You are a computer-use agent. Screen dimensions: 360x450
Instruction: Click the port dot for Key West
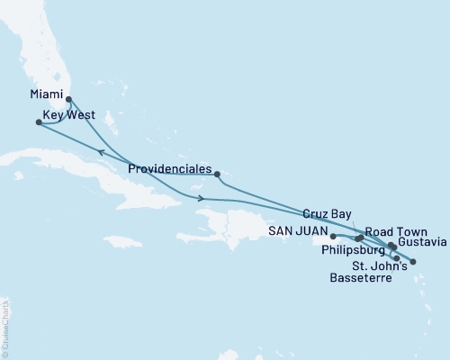click(x=38, y=122)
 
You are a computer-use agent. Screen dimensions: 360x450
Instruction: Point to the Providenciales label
click(x=170, y=169)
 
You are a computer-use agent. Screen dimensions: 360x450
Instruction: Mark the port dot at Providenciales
click(x=217, y=174)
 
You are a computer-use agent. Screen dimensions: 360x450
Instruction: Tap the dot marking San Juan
click(x=333, y=236)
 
